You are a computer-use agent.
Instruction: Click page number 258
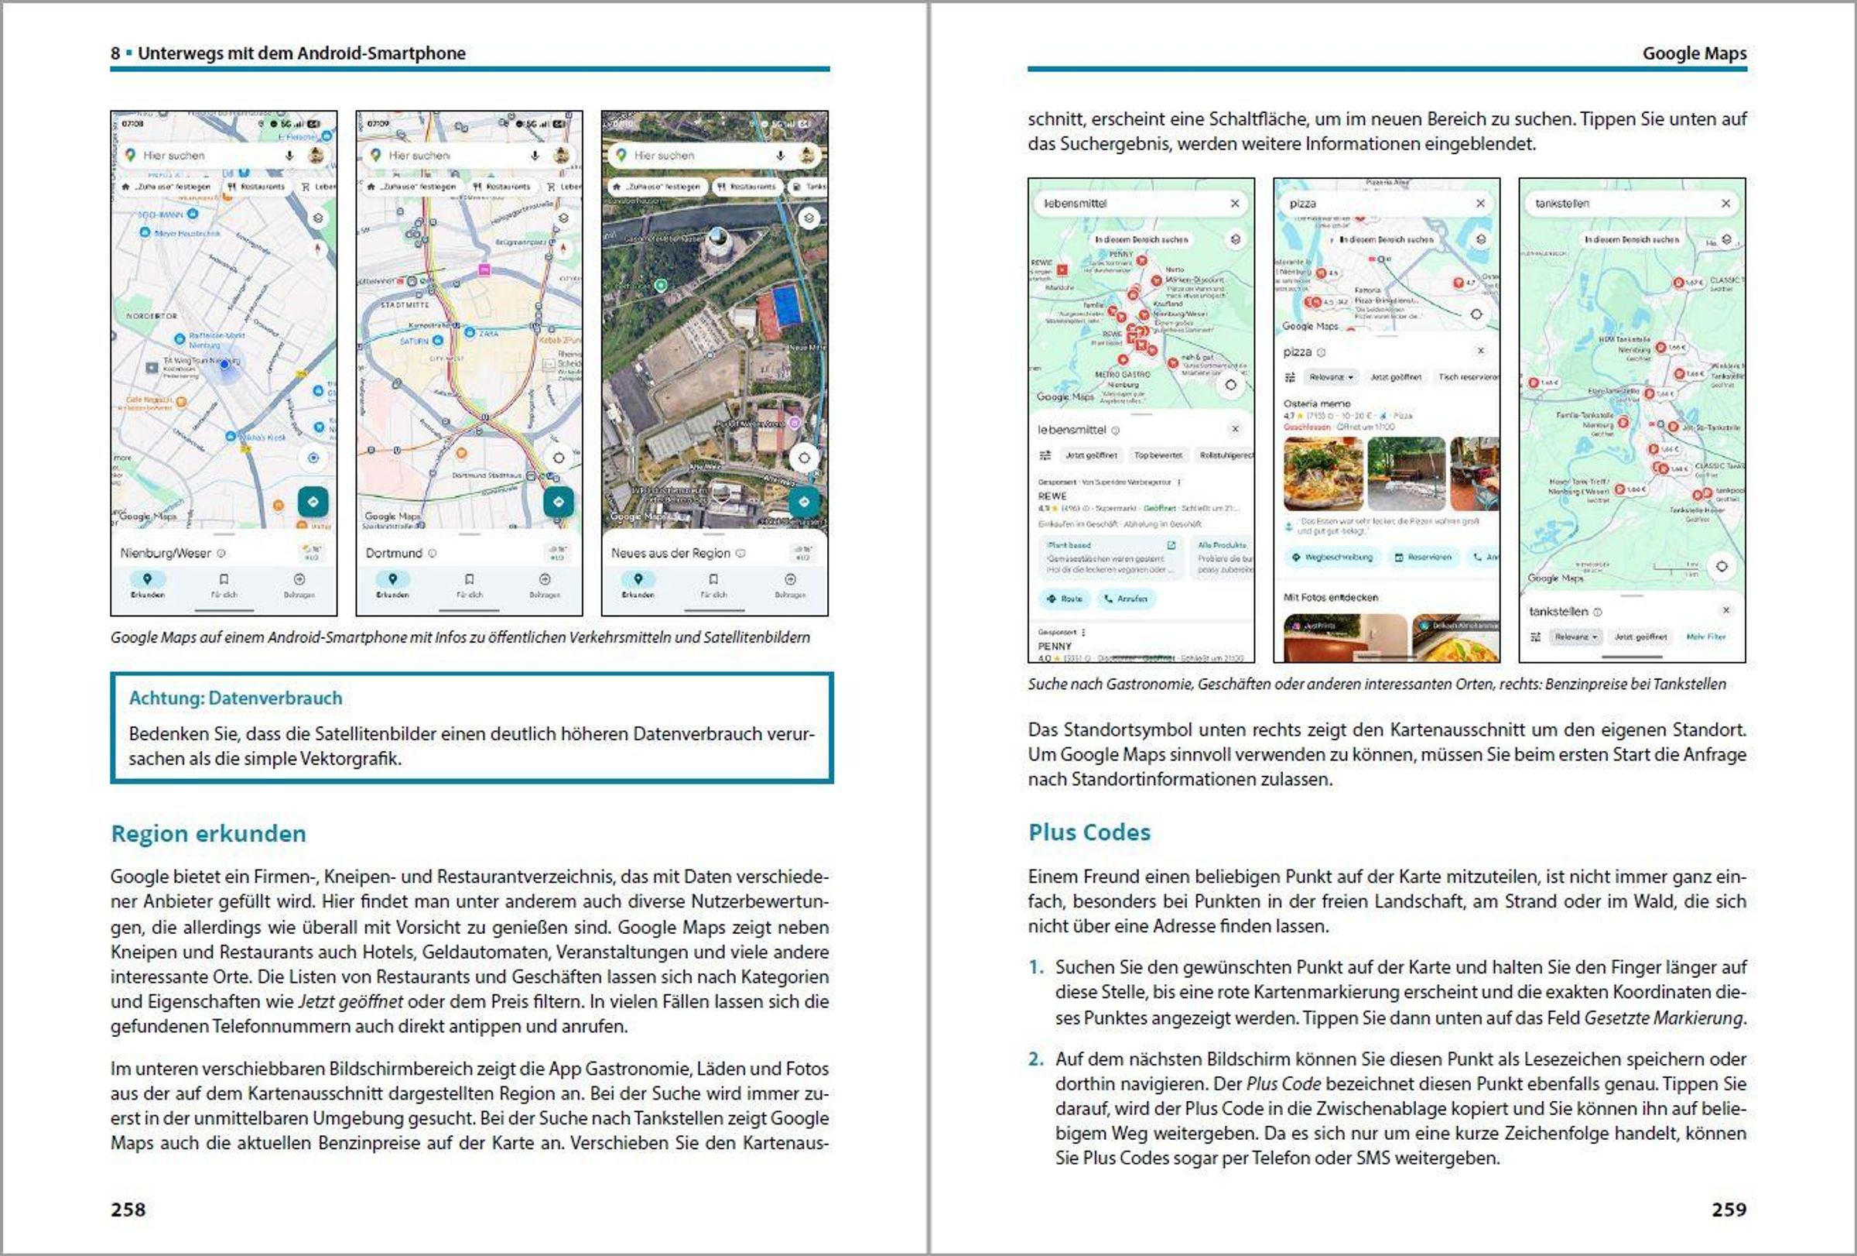click(128, 1209)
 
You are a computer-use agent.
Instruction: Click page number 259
click(1729, 1209)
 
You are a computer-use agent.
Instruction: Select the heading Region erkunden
click(209, 833)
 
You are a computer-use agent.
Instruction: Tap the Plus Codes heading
click(1089, 832)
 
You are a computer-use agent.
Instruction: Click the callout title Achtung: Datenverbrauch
click(236, 698)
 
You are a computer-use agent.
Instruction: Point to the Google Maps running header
click(1694, 53)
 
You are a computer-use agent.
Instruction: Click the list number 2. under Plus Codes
click(1035, 1059)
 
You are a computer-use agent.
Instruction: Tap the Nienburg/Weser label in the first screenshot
click(166, 553)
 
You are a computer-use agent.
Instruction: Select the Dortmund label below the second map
click(394, 553)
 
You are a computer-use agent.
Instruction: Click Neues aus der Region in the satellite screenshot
click(670, 553)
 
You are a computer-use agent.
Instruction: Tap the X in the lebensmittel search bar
click(1235, 204)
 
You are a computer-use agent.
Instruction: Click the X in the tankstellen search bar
click(1725, 204)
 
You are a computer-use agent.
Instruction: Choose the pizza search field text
click(1302, 204)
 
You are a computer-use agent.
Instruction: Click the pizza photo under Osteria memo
click(1322, 473)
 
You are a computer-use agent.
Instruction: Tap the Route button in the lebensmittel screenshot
click(1065, 598)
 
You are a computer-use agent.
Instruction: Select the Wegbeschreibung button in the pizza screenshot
click(1332, 558)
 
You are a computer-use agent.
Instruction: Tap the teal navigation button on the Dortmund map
click(559, 502)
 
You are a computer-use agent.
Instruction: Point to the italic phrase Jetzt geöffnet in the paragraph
click(351, 1002)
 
